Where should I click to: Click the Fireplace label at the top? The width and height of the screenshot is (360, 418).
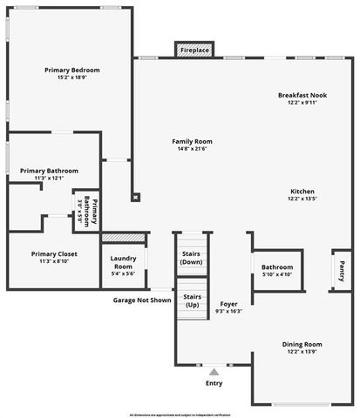pos(194,51)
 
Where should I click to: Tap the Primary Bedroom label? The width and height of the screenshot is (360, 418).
pos(72,70)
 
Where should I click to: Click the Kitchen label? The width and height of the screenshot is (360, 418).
pos(302,191)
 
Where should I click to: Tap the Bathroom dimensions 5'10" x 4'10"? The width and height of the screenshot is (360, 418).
pos(277,275)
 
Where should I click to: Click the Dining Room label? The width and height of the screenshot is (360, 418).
pos(302,344)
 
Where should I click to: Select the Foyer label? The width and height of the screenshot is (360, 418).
pos(229,303)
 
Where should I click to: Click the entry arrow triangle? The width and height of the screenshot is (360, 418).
pos(214,371)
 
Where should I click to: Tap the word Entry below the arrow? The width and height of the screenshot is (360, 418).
pos(214,383)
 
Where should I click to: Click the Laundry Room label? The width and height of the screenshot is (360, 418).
pos(123,262)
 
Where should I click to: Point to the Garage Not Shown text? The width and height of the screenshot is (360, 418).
pos(142,300)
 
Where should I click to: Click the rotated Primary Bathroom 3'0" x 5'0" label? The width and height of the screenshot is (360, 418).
pos(87,212)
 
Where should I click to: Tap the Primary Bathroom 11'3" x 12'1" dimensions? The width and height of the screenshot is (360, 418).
pos(50,179)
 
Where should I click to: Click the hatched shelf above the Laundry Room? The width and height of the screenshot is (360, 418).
pos(123,238)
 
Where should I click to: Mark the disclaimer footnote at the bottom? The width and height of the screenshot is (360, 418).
pos(180,414)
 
